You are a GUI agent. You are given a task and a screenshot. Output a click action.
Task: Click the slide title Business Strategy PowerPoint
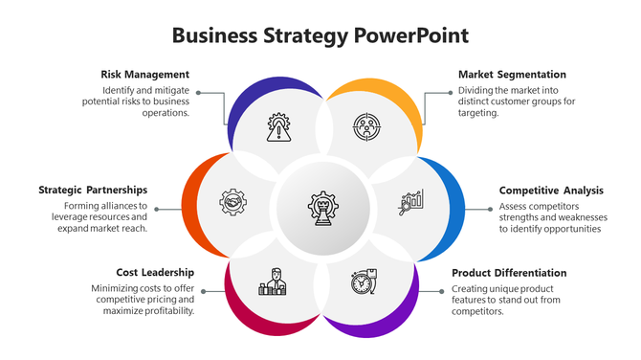(x=320, y=36)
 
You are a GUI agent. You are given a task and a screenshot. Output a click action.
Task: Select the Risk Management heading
(x=144, y=75)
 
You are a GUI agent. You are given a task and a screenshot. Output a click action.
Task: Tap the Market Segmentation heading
(x=512, y=75)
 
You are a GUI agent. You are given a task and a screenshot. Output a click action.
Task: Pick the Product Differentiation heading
(x=509, y=273)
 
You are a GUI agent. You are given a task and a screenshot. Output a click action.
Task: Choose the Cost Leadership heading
(x=155, y=273)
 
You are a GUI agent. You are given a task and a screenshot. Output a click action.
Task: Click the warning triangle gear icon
(x=278, y=128)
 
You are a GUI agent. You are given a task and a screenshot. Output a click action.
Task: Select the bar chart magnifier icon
(x=412, y=201)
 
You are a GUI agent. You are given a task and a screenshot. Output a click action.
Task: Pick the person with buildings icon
(x=273, y=281)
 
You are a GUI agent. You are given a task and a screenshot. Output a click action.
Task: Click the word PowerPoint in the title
(x=411, y=36)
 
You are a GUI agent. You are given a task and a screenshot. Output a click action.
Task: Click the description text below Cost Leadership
(x=144, y=299)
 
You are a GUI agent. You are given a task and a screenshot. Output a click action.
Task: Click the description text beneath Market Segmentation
(x=516, y=101)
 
